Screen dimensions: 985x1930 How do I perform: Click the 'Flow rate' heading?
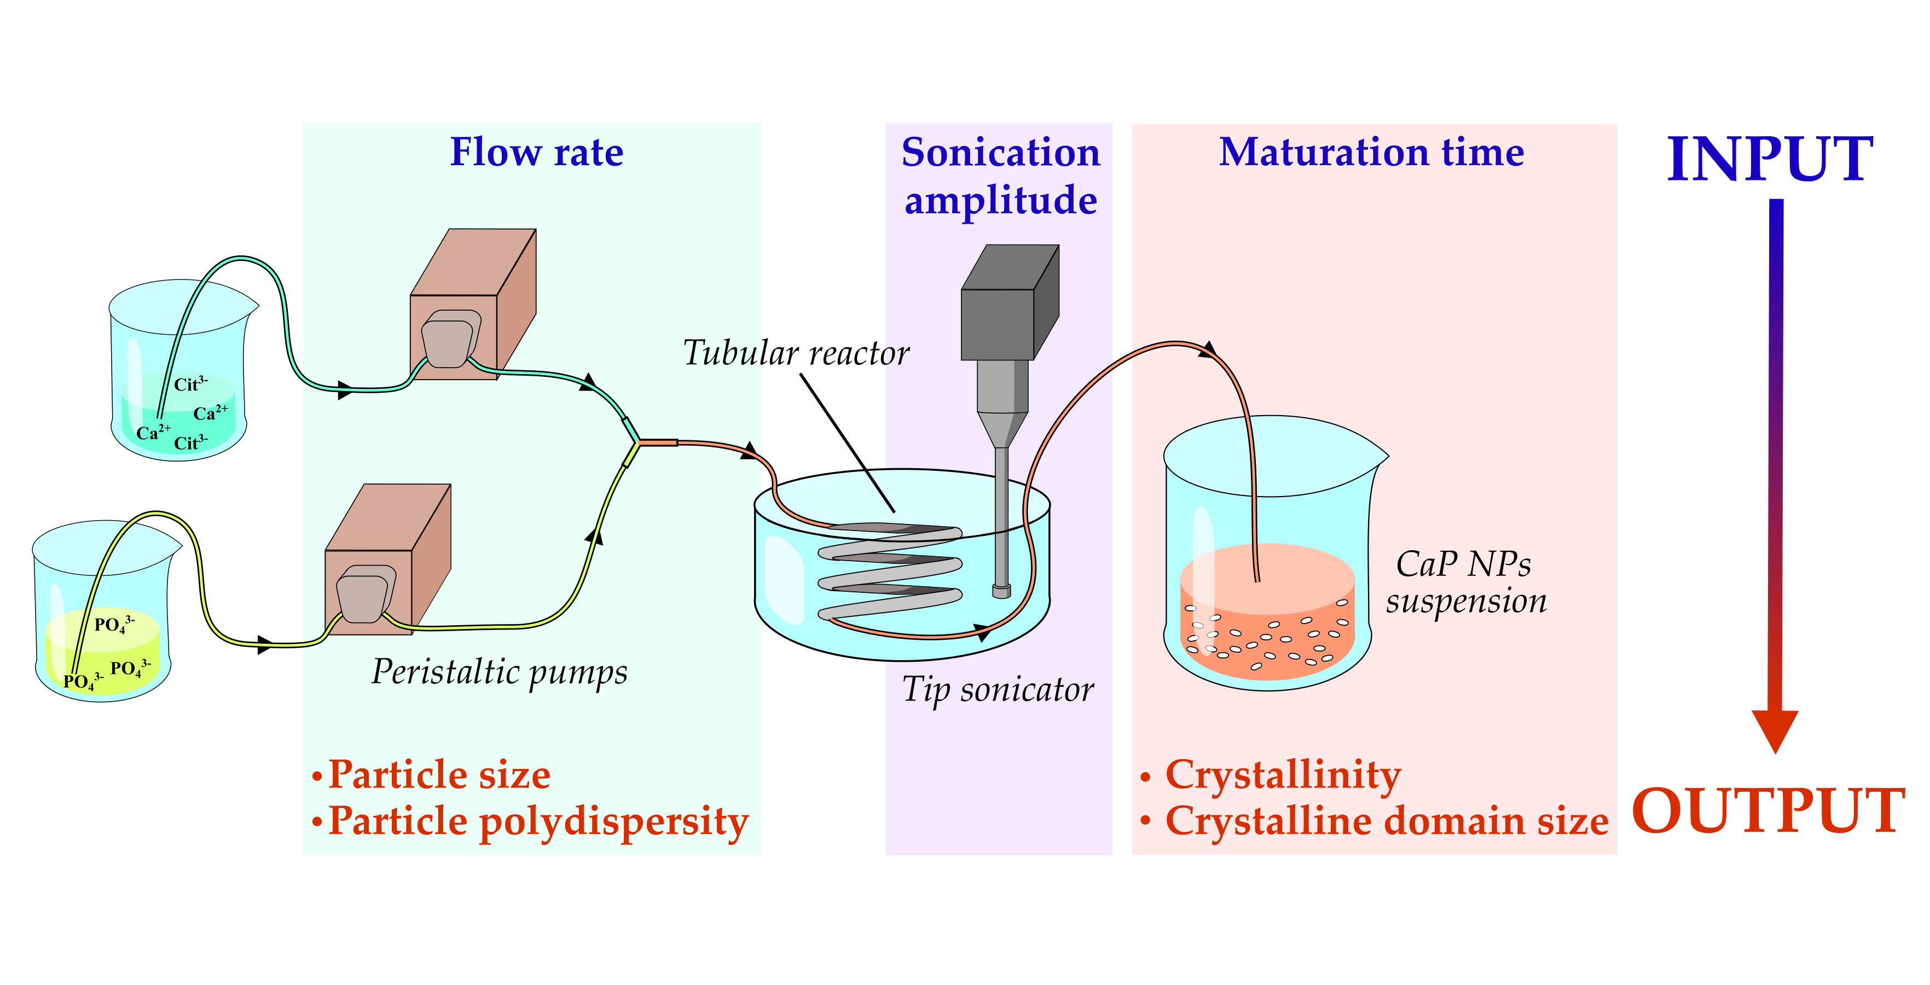[536, 152]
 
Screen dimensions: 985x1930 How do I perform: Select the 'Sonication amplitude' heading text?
[1000, 177]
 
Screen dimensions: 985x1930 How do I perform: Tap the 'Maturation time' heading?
[1371, 152]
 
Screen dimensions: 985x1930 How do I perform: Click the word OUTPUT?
[1768, 811]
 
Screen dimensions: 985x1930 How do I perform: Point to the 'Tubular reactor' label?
[796, 353]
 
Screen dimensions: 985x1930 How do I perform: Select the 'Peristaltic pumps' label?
[500, 672]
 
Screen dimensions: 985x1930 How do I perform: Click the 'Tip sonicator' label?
[997, 690]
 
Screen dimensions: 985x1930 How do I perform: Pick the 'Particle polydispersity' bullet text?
[538, 821]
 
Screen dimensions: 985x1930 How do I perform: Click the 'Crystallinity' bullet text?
[1283, 774]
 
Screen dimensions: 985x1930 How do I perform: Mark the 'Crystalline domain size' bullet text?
[1386, 821]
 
